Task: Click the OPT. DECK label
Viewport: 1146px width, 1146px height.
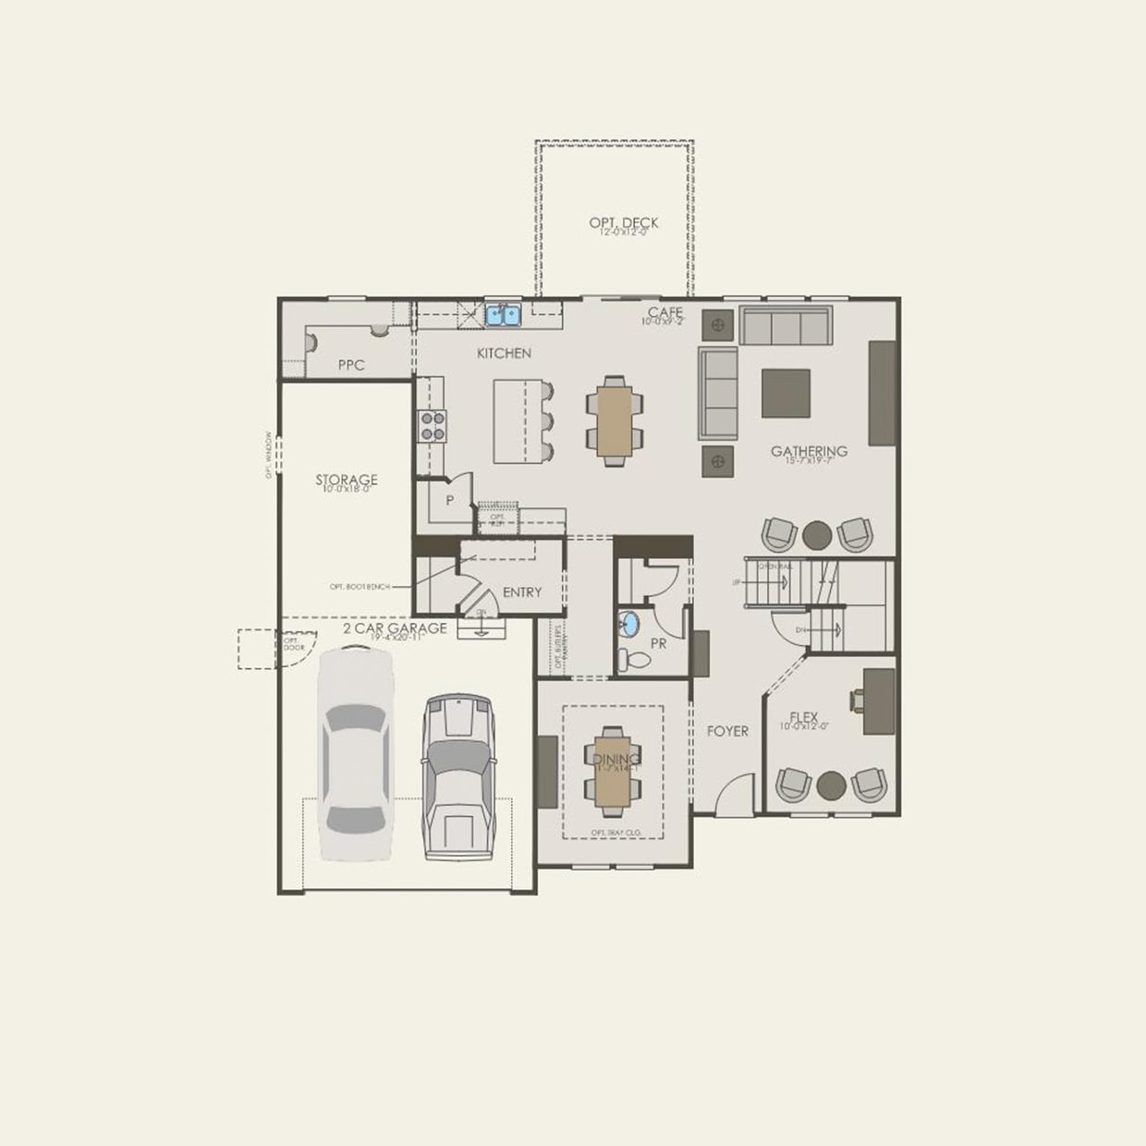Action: [624, 223]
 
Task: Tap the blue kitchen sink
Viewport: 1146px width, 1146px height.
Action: [503, 315]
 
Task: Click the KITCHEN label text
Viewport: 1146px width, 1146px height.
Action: [504, 353]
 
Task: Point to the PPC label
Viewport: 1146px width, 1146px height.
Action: [351, 365]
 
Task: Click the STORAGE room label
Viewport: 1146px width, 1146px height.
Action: [347, 480]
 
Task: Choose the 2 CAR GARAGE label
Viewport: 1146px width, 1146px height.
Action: [395, 628]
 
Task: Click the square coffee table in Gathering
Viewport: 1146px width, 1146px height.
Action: [786, 393]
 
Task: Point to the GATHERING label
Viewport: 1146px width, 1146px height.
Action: [809, 451]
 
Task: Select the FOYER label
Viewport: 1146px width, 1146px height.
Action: [727, 731]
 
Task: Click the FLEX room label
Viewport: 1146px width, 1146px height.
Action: [804, 716]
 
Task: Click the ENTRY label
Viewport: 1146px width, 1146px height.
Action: [522, 592]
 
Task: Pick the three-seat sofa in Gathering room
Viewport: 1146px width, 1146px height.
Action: [786, 326]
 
